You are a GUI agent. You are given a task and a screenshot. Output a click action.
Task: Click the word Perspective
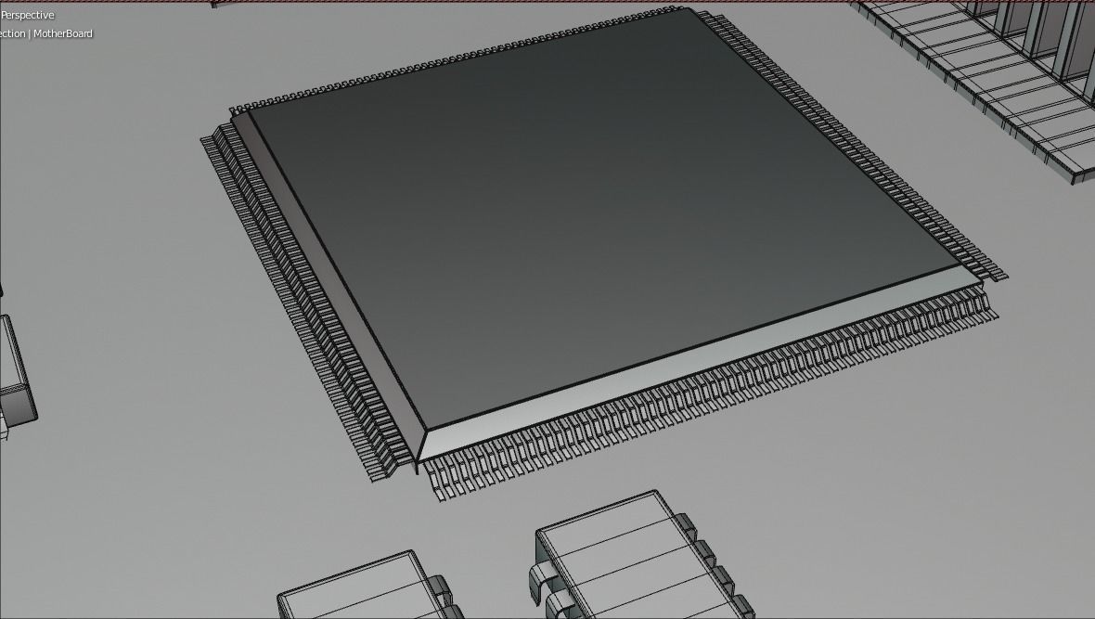(28, 15)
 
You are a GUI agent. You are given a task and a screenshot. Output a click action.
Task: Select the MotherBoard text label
(63, 33)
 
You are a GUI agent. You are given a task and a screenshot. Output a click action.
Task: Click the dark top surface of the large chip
(594, 204)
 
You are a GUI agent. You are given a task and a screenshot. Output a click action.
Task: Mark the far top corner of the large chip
(691, 11)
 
